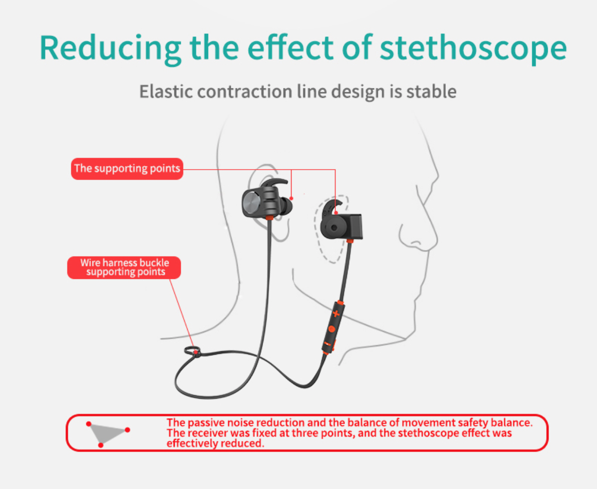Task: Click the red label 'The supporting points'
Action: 127,169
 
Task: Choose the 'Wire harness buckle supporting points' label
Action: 124,267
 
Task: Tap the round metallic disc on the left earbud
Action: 251,202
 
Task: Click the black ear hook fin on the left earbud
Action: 274,184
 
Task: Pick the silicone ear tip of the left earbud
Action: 287,206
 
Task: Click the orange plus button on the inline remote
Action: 336,313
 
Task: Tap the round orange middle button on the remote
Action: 331,329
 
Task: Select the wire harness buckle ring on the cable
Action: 192,351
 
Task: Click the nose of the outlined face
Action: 419,234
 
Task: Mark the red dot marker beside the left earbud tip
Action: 292,198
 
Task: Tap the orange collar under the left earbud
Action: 269,218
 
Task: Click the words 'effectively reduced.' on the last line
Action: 215,443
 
